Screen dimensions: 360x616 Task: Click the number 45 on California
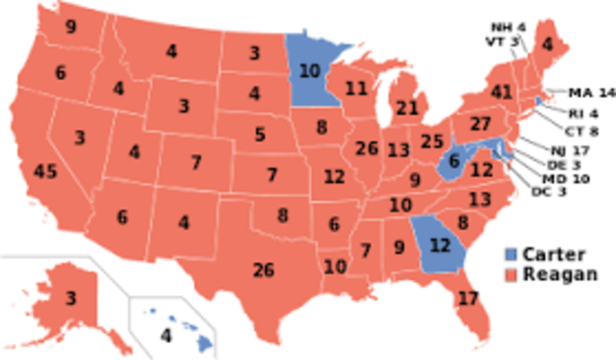44,172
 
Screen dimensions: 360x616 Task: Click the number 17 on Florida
468,297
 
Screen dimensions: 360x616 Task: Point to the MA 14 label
590,93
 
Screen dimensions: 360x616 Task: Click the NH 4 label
507,26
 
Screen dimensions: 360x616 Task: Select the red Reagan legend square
510,274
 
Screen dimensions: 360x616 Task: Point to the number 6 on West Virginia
453,163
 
